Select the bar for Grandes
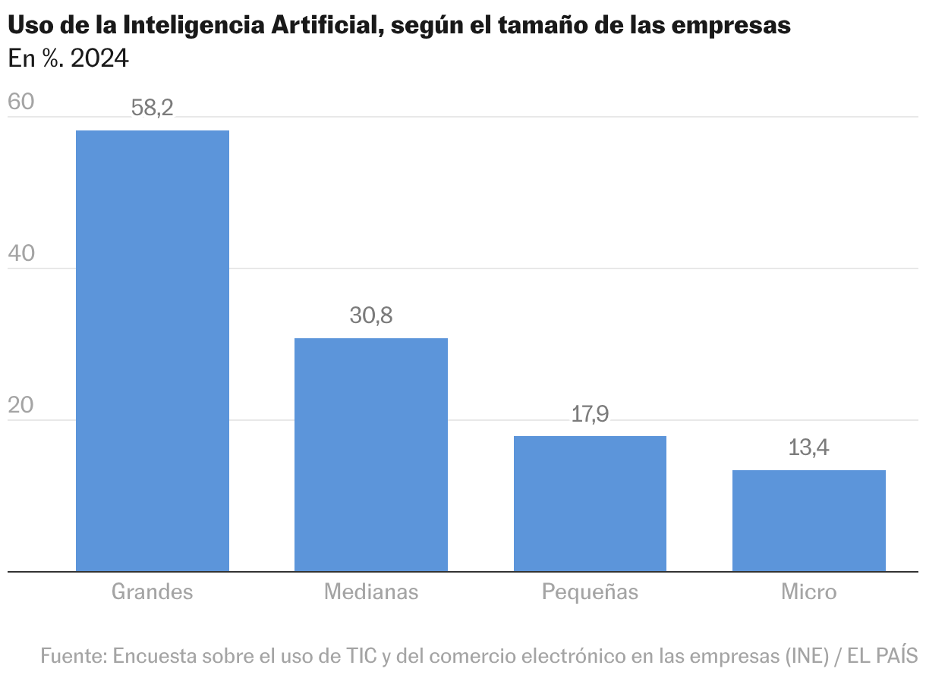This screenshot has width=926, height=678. coord(153,350)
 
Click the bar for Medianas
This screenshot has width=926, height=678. coord(371,454)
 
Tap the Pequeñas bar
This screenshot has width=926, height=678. coord(590,504)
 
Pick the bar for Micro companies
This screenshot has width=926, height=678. coord(808,520)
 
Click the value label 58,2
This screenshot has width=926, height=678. coord(153,108)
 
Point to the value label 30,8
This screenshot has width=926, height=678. coord(371,315)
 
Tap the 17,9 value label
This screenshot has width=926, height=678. coord(590,414)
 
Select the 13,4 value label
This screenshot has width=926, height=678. coord(808,447)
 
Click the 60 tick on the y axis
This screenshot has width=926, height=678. coord(21,102)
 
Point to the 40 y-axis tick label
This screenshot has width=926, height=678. coord(21,253)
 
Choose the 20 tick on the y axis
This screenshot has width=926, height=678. coord(21,405)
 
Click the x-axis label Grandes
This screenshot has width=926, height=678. coord(153,592)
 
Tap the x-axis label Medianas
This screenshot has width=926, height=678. coord(371,592)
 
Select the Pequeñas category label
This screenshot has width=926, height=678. coord(590,592)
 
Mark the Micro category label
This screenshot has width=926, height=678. coord(808,592)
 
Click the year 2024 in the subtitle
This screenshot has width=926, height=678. coord(99,58)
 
